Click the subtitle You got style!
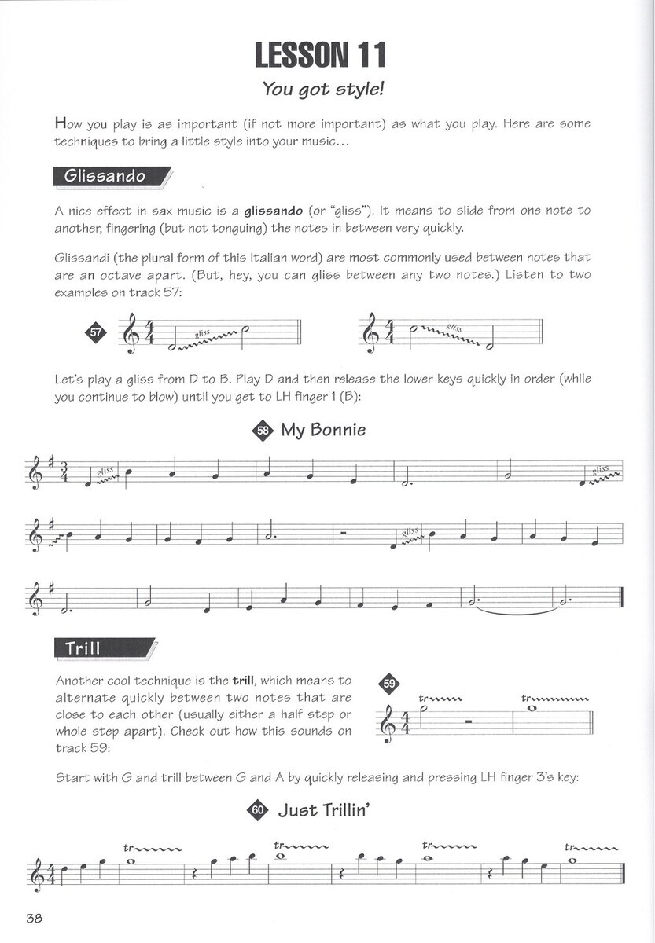[322, 89]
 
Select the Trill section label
[83, 648]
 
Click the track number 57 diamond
[96, 332]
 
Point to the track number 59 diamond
[389, 684]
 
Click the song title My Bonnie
[323, 430]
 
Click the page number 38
[35, 919]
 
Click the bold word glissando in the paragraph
[274, 211]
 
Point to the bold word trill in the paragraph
[243, 680]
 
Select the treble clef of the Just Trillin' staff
[34, 873]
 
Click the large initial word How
[68, 123]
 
